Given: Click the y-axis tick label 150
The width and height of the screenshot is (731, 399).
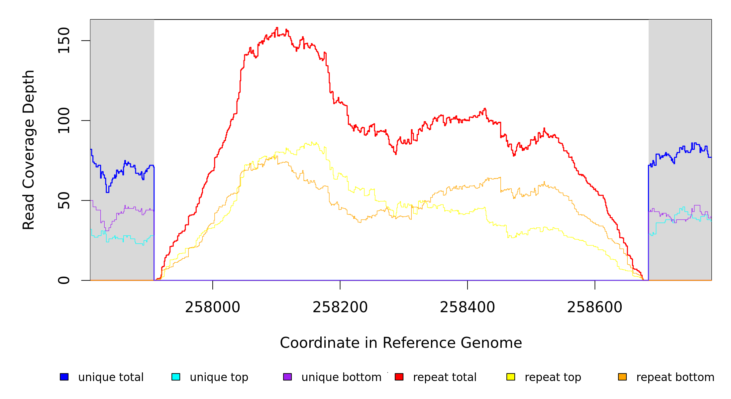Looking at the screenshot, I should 64,41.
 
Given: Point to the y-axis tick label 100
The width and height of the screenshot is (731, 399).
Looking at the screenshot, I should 64,120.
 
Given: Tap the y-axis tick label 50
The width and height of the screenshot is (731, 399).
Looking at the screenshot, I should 64,200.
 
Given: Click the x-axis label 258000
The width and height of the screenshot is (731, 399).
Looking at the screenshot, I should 213,307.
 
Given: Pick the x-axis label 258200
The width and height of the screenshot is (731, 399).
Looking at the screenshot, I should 340,307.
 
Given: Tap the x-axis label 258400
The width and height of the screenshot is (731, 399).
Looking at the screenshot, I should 468,307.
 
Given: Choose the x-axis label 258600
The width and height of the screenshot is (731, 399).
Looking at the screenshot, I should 595,307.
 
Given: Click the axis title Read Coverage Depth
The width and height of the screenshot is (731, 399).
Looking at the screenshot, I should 29,150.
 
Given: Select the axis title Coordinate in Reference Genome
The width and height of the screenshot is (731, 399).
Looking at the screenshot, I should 401,343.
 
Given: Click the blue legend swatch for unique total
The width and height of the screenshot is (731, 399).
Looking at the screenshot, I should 64,377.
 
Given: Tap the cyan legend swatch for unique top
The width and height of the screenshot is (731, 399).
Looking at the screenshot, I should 176,377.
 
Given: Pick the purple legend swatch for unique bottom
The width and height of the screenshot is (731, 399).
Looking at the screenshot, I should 287,377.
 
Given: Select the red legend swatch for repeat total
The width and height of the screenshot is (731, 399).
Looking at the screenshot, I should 399,377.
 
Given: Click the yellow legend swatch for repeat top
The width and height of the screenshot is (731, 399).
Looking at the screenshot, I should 511,377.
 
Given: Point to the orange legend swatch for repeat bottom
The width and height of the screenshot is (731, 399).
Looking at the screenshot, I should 622,377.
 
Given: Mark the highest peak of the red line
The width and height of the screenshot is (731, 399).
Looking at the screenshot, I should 277,28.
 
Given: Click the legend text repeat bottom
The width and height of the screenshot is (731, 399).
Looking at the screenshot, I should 675,377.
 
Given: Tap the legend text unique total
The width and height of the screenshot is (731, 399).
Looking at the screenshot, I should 111,377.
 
